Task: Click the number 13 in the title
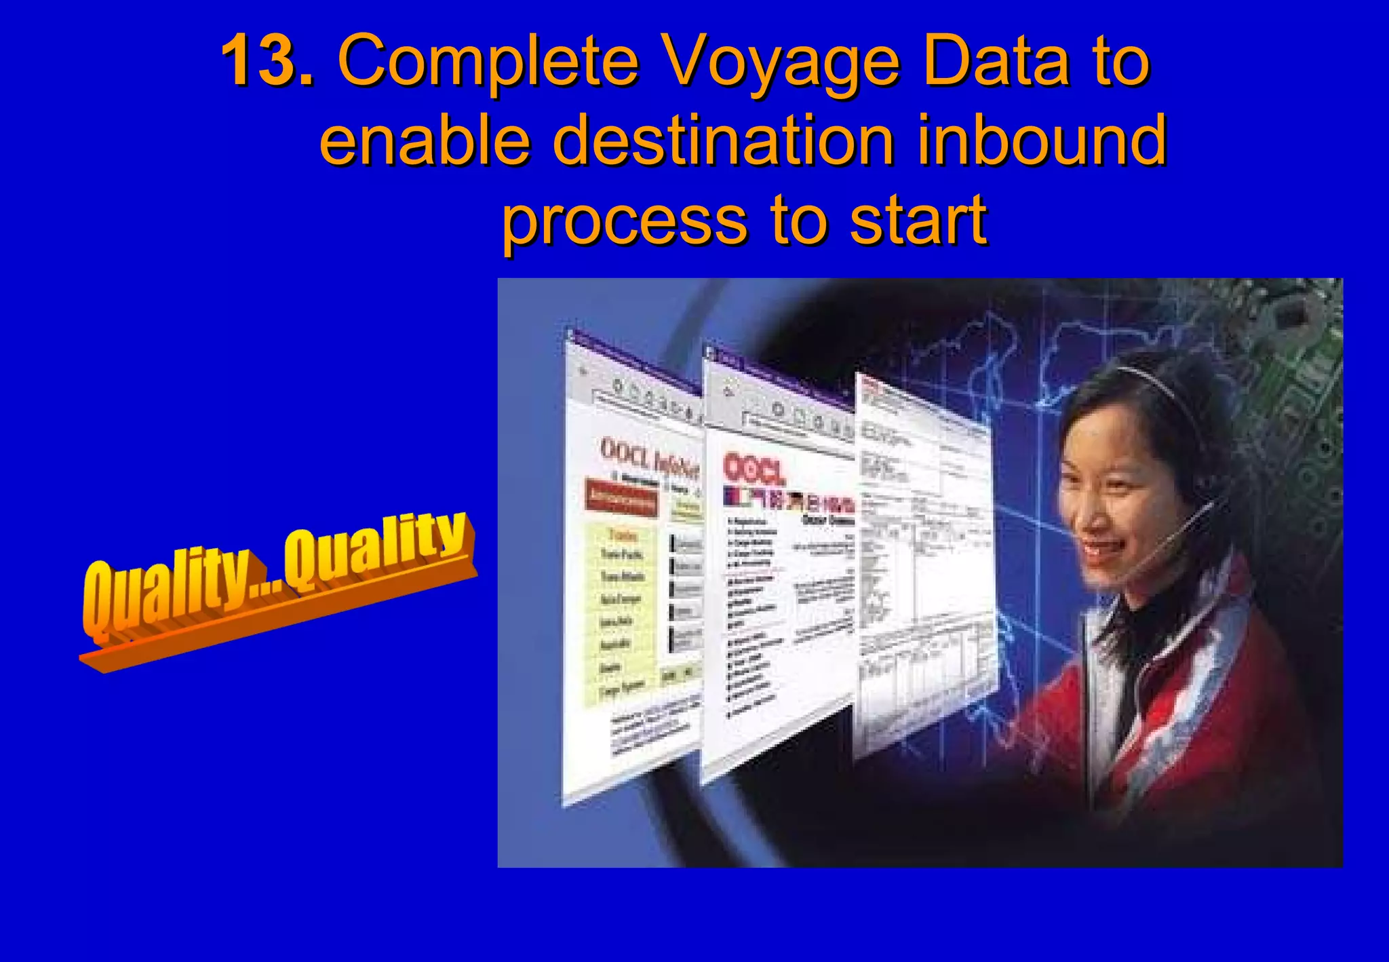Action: click(267, 61)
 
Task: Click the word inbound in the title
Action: click(1041, 140)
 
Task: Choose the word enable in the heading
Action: click(425, 140)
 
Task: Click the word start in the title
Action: click(918, 220)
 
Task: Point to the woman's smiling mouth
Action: click(1102, 546)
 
